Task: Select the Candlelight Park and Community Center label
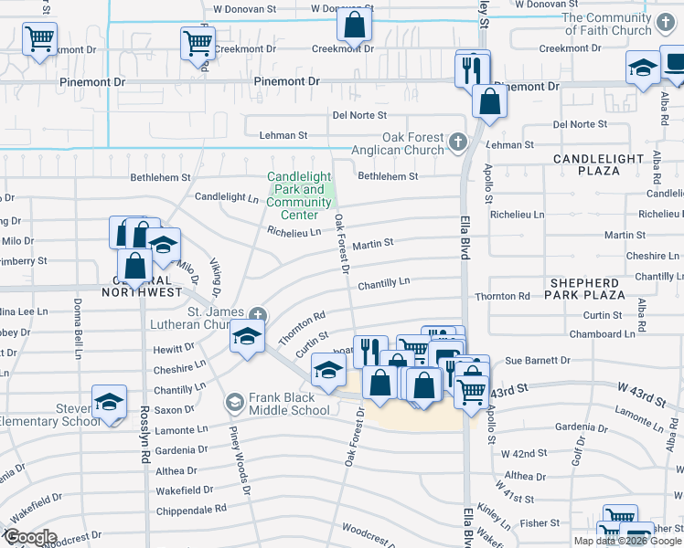[300, 196]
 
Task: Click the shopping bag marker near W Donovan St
[354, 26]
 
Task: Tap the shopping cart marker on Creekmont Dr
[198, 41]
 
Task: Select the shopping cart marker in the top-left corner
[39, 41]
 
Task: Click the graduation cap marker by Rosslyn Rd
[110, 404]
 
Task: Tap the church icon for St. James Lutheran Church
[259, 314]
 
